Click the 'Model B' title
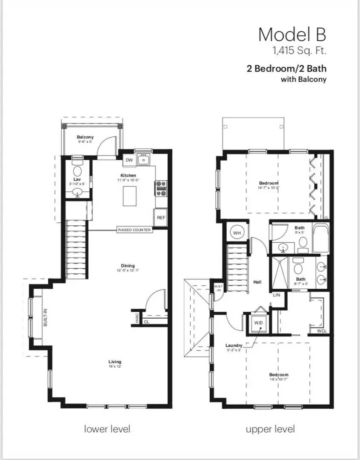[x=292, y=34]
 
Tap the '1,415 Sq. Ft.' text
[x=300, y=52]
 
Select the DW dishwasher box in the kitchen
[x=129, y=160]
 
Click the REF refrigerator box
[x=160, y=217]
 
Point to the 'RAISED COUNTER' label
[x=134, y=230]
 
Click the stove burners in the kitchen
[x=161, y=188]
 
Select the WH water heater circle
[x=237, y=233]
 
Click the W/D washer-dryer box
[x=259, y=322]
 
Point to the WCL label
[x=322, y=331]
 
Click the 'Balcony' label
[x=85, y=137]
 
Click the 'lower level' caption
[x=107, y=428]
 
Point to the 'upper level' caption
[x=270, y=428]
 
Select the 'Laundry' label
[x=234, y=345]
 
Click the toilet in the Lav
[x=77, y=170]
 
